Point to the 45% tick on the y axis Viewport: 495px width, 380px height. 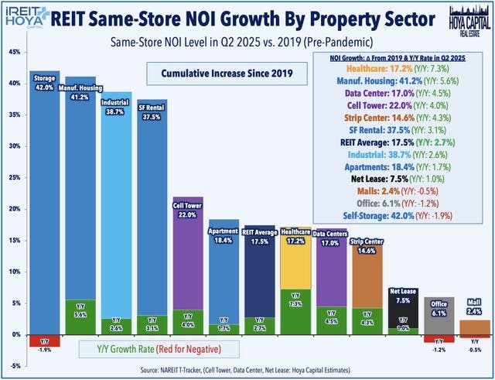(13, 52)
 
